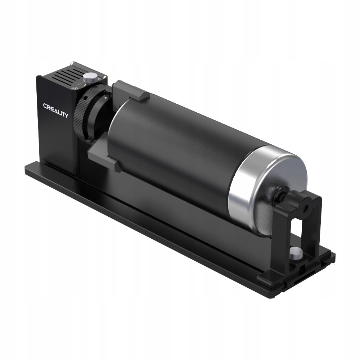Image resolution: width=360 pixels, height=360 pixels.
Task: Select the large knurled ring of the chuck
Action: [x=82, y=112]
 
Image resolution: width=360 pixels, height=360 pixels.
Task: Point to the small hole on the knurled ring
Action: [x=84, y=98]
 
